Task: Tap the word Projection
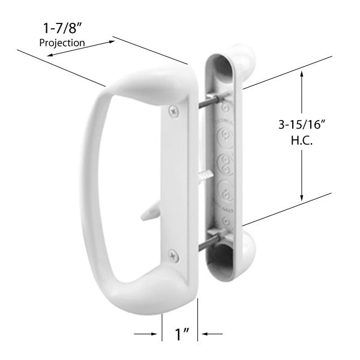coord(62,43)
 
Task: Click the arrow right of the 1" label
coord(214,334)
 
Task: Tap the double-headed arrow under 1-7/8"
coord(81,49)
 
